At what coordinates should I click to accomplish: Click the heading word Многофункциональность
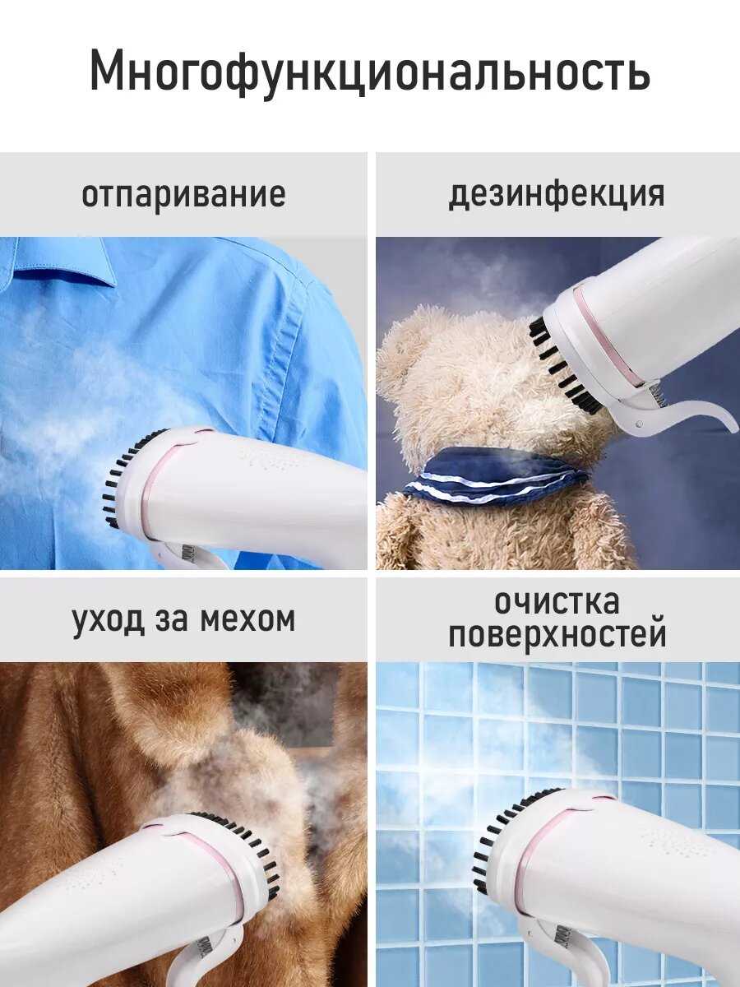370,72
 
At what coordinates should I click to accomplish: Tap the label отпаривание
183,194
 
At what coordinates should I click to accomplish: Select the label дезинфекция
557,194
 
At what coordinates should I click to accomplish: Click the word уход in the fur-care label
109,619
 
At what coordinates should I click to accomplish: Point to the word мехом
247,620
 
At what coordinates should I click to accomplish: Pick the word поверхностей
557,634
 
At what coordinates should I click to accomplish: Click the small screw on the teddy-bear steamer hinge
640,424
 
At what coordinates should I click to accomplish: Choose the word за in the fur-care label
171,620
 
